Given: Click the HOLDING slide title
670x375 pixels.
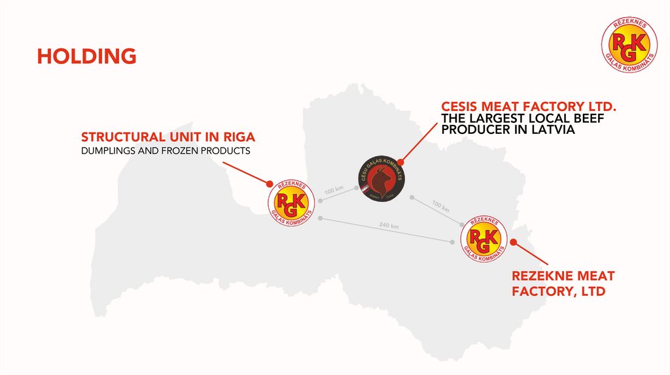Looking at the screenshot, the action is [x=86, y=56].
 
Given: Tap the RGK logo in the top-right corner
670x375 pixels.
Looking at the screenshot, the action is [x=629, y=44].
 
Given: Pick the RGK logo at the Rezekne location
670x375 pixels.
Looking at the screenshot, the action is [x=484, y=238].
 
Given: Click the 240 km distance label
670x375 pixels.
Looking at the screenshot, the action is [x=389, y=226].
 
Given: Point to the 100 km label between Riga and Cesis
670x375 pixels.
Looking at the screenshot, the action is [x=334, y=191].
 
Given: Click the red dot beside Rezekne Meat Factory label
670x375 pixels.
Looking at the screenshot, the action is [x=514, y=242].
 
